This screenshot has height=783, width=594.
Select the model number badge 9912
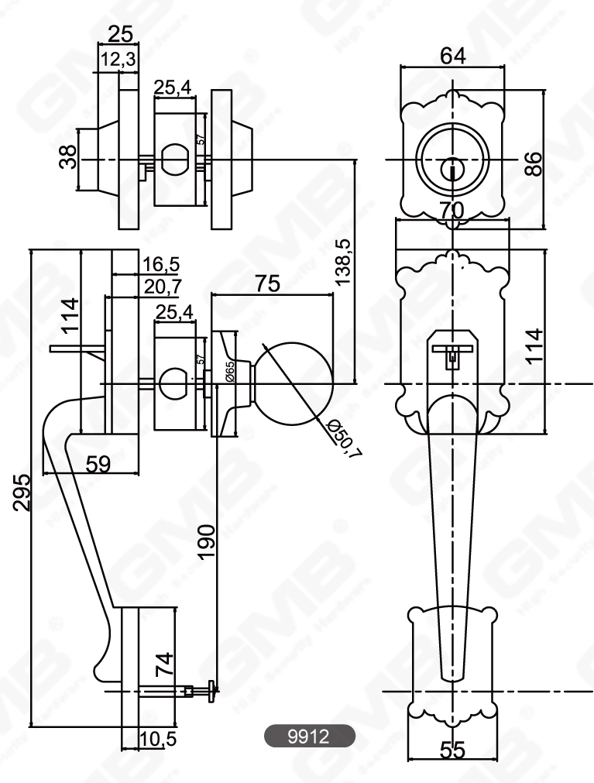tap(309, 737)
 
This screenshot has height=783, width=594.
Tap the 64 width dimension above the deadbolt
tap(453, 56)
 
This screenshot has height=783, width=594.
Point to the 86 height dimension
tap(533, 164)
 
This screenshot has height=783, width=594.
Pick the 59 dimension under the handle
tap(97, 463)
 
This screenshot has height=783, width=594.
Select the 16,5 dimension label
tap(160, 264)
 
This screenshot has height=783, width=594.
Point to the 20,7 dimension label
tap(161, 287)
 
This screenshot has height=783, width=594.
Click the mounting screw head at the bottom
tap(211, 687)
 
